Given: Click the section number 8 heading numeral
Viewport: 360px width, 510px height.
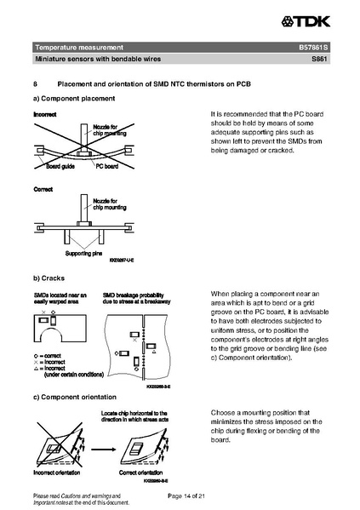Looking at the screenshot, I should [34, 84].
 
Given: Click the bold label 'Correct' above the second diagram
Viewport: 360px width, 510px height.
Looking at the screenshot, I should [43, 188].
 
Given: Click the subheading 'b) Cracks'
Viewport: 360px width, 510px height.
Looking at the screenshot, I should [50, 278].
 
